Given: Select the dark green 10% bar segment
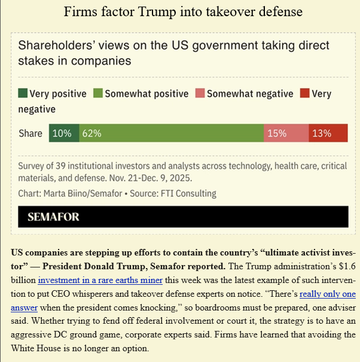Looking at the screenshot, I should (64, 133).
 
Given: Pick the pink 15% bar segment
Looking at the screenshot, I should (286, 133).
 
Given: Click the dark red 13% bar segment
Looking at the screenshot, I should (328, 133).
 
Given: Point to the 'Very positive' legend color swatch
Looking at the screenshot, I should (23, 93).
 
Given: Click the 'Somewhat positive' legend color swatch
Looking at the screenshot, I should (98, 93).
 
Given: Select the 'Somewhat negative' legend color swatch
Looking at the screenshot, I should (200, 93).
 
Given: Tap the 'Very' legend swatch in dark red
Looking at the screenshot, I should (304, 93).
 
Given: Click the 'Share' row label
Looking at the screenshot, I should (30, 133).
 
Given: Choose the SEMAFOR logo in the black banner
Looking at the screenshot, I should (53, 217).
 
